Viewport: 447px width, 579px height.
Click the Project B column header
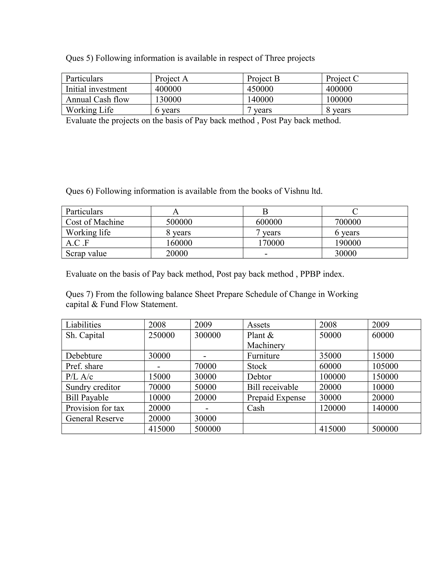pos(263,78)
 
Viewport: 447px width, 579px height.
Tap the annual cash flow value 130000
pos(168,99)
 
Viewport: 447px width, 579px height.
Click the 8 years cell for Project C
pos(338,110)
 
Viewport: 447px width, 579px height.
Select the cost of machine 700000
pos(347,222)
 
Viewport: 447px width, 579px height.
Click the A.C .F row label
pos(77,243)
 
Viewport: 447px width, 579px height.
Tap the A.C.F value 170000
pos(271,243)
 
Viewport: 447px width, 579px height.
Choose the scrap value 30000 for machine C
pos(345,253)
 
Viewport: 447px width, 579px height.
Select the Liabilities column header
pos(83,325)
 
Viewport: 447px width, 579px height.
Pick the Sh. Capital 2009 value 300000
pos(207,335)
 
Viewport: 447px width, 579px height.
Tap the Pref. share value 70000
pos(205,366)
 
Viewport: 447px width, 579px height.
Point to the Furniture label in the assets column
pos(263,356)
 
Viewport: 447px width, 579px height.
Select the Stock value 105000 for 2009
pos(385,366)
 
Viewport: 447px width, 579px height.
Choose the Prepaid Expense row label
pos(276,397)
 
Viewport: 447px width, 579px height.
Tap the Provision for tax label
pos(95,408)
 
